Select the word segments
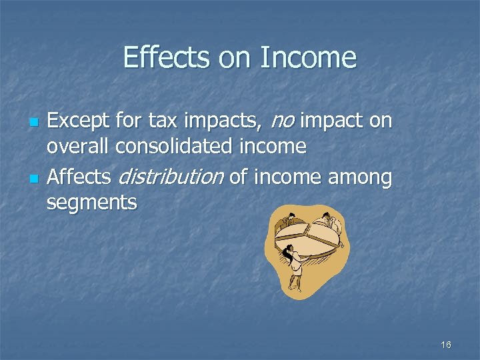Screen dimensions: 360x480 point(91,203)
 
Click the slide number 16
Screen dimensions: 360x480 point(446,345)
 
